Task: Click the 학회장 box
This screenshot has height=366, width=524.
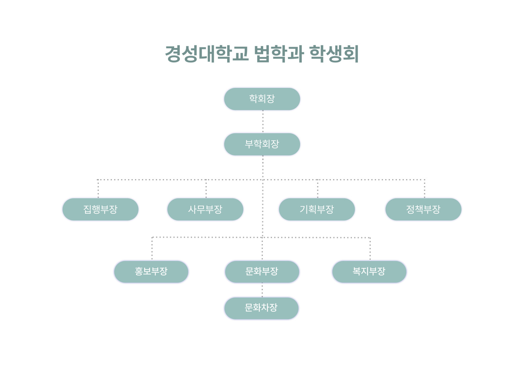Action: point(262,99)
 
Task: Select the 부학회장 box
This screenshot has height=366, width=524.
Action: point(262,144)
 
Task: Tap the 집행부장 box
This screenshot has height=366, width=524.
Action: point(100,209)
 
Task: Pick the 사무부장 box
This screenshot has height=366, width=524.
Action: point(205,209)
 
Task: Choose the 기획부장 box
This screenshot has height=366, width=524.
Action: point(317,209)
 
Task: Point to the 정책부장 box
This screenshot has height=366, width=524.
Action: point(423,209)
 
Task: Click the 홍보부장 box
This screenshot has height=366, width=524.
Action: point(151,272)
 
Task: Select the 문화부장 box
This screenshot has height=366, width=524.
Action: point(262,272)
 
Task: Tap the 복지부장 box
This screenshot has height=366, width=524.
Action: point(369,272)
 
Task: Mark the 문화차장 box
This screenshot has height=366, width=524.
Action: point(261,308)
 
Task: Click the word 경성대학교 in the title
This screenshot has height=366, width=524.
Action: point(207,54)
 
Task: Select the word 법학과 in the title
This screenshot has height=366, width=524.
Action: point(279,54)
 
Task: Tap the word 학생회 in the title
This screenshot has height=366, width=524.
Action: point(334,54)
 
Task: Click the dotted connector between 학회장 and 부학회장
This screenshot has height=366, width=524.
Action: point(263,121)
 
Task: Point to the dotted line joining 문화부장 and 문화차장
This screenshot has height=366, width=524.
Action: point(262,290)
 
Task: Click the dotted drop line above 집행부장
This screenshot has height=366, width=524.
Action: point(98,189)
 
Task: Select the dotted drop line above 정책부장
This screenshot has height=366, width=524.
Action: point(425,189)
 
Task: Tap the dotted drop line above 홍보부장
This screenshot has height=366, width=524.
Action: point(152,249)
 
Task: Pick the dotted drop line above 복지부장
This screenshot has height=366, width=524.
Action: point(370,249)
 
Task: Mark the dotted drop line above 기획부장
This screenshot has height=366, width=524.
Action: point(318,189)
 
